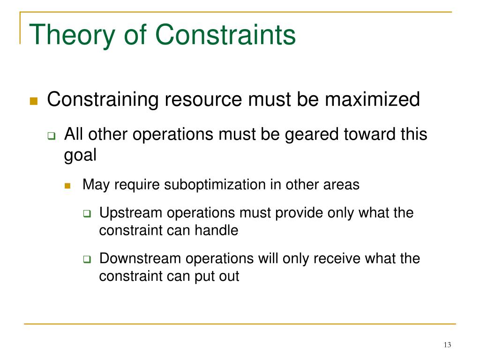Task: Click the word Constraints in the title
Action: tap(225, 36)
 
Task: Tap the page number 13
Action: tap(447, 345)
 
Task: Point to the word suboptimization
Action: tap(215, 185)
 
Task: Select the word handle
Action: tap(217, 231)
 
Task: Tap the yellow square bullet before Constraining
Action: tap(33, 101)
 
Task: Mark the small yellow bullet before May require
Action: tap(67, 186)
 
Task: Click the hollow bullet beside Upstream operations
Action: tap(86, 214)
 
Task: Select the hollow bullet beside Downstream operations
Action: tap(86, 259)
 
